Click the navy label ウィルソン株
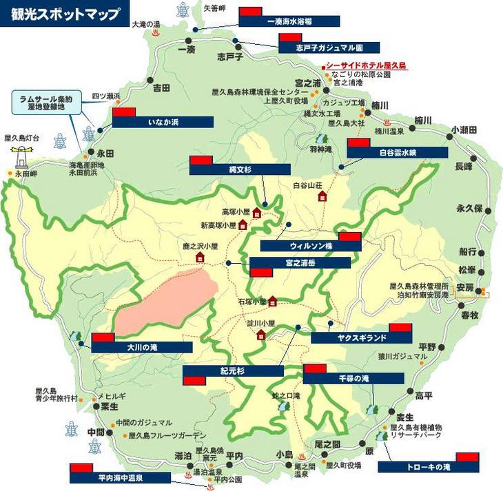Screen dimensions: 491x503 [x=311, y=245]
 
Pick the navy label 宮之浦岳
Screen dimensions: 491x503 [x=299, y=262]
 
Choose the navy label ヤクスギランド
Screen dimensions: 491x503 [x=361, y=337]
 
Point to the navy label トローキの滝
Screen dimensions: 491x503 [x=428, y=467]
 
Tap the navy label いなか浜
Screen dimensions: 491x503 [x=163, y=122]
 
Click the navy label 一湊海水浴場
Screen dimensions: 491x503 [x=289, y=21]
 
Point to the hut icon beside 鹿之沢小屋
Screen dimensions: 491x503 [x=200, y=258]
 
